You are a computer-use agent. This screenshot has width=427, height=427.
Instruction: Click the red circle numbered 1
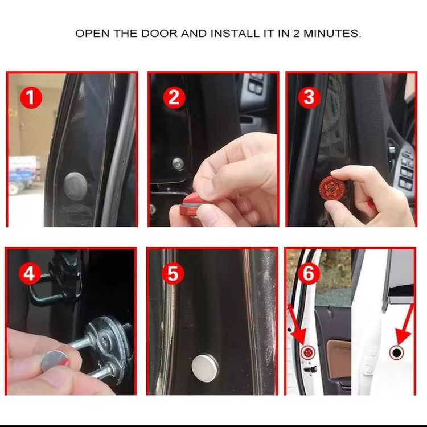pyautogui.click(x=31, y=97)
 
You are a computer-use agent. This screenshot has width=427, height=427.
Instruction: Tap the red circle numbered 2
pyautogui.click(x=174, y=97)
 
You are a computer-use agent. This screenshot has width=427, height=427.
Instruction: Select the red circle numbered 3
pyautogui.click(x=309, y=97)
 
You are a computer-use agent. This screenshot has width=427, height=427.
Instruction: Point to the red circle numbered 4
pyautogui.click(x=30, y=274)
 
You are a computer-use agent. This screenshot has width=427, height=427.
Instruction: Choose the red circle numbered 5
pyautogui.click(x=173, y=274)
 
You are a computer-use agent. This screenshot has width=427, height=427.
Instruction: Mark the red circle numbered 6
pyautogui.click(x=308, y=273)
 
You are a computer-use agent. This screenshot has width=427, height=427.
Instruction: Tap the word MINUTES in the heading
pyautogui.click(x=332, y=34)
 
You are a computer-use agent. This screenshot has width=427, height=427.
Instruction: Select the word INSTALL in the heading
pyautogui.click(x=235, y=34)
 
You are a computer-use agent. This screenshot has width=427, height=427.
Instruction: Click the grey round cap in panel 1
pyautogui.click(x=75, y=186)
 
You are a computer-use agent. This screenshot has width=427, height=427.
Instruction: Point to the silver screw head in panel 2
pyautogui.click(x=178, y=163)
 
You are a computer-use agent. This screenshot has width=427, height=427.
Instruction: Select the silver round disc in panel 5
pyautogui.click(x=205, y=368)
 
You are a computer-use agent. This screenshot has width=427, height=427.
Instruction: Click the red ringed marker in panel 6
pyautogui.click(x=307, y=352)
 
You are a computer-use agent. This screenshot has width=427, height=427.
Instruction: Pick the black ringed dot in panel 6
pyautogui.click(x=396, y=352)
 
